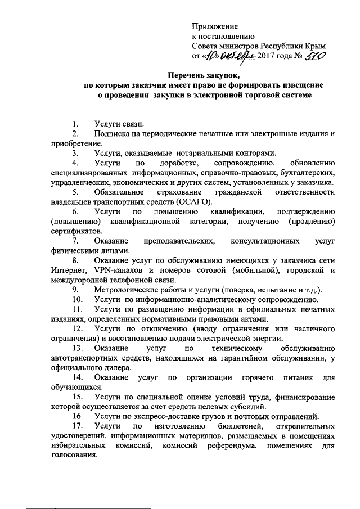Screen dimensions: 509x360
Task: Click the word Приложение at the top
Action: click(215, 26)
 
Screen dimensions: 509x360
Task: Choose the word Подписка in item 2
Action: click(113, 133)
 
